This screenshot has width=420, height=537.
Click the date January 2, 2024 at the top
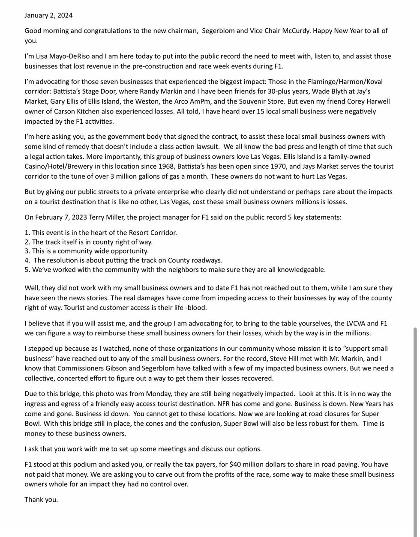[48, 15]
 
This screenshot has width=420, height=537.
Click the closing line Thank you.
[41, 500]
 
